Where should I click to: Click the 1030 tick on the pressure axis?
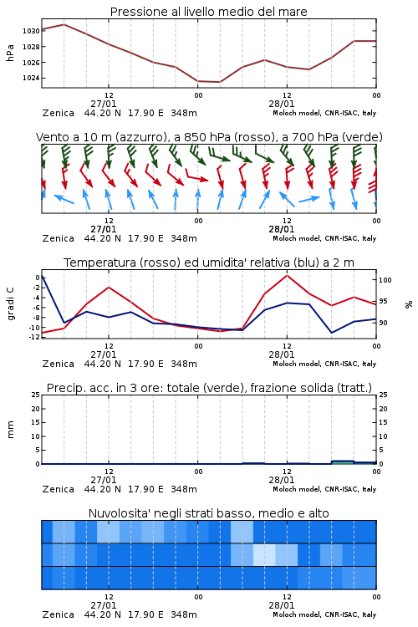coord(31,31)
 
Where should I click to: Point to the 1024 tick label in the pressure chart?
coord(31,78)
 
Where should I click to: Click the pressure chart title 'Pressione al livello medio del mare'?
coord(208,12)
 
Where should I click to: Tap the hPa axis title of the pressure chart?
coord(10,53)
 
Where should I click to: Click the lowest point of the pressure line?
coord(219,82)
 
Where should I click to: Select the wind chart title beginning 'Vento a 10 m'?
coord(209,137)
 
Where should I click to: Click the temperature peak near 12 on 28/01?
coord(287,276)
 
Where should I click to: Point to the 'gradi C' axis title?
coord(11,303)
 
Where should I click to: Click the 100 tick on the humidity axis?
coord(385,280)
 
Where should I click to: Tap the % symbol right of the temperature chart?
coord(409,304)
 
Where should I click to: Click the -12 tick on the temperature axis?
coord(35,337)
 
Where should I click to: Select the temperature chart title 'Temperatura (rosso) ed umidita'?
coord(209,263)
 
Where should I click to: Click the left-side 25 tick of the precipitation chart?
coord(36,395)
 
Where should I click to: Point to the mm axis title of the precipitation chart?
coord(10,430)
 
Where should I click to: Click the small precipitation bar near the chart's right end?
coord(343,462)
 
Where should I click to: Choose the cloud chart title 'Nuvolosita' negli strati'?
coord(209,513)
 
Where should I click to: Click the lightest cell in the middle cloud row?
coord(264,554)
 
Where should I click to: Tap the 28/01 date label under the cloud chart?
coord(282,605)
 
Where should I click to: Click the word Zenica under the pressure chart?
coord(59,113)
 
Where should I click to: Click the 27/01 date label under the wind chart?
coord(104,230)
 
